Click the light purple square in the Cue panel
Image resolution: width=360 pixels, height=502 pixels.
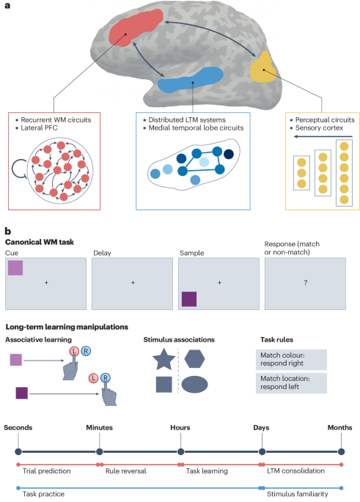(16, 267)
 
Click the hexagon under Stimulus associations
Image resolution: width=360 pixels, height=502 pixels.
(195, 359)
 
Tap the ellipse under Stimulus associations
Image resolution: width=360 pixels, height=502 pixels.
(196, 385)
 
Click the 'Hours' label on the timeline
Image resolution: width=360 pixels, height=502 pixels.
(180, 427)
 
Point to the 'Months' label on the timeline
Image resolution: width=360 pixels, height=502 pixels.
(341, 427)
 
